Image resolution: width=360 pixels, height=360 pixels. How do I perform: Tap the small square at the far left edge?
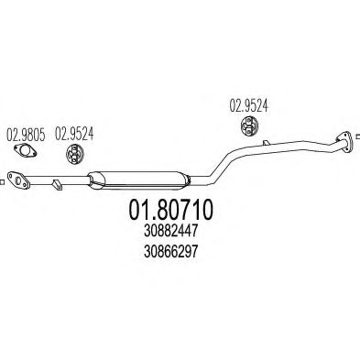click(x=3, y=184)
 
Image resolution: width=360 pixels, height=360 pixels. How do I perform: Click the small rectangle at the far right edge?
click(x=356, y=131)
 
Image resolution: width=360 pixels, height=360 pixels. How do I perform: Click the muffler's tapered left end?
click(x=93, y=177)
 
